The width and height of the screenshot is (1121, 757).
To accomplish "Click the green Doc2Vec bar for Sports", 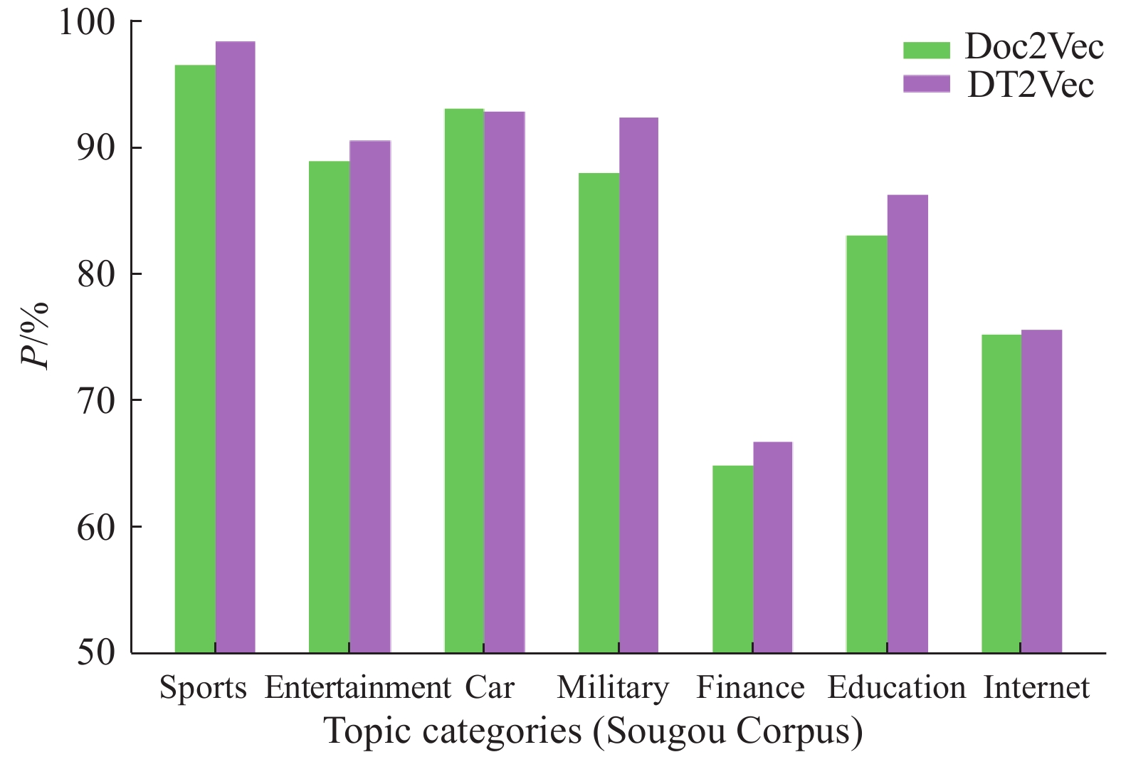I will (195, 359).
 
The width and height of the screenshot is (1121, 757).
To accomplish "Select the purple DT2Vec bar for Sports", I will (236, 347).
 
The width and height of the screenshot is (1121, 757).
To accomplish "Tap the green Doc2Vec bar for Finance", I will (733, 559).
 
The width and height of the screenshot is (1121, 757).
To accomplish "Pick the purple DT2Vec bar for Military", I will (638, 385).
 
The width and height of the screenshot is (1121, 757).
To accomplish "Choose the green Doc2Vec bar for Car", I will (464, 381).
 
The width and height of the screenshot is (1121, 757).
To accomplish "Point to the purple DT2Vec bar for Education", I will (907, 424).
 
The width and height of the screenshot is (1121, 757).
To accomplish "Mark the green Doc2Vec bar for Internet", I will (1001, 494).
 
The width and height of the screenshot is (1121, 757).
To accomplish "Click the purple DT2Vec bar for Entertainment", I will (370, 397).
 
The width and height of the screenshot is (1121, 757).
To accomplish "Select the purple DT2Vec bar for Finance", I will (773, 547).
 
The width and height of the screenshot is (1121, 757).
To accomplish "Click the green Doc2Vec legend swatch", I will (926, 50).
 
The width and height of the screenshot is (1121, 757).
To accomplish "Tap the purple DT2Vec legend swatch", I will (926, 84).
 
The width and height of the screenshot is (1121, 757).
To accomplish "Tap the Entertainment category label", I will (357, 688).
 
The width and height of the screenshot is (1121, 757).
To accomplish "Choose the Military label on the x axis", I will (613, 688).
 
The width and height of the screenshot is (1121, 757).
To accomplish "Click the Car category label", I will (490, 688).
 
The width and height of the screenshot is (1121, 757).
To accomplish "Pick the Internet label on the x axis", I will (1036, 688).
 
